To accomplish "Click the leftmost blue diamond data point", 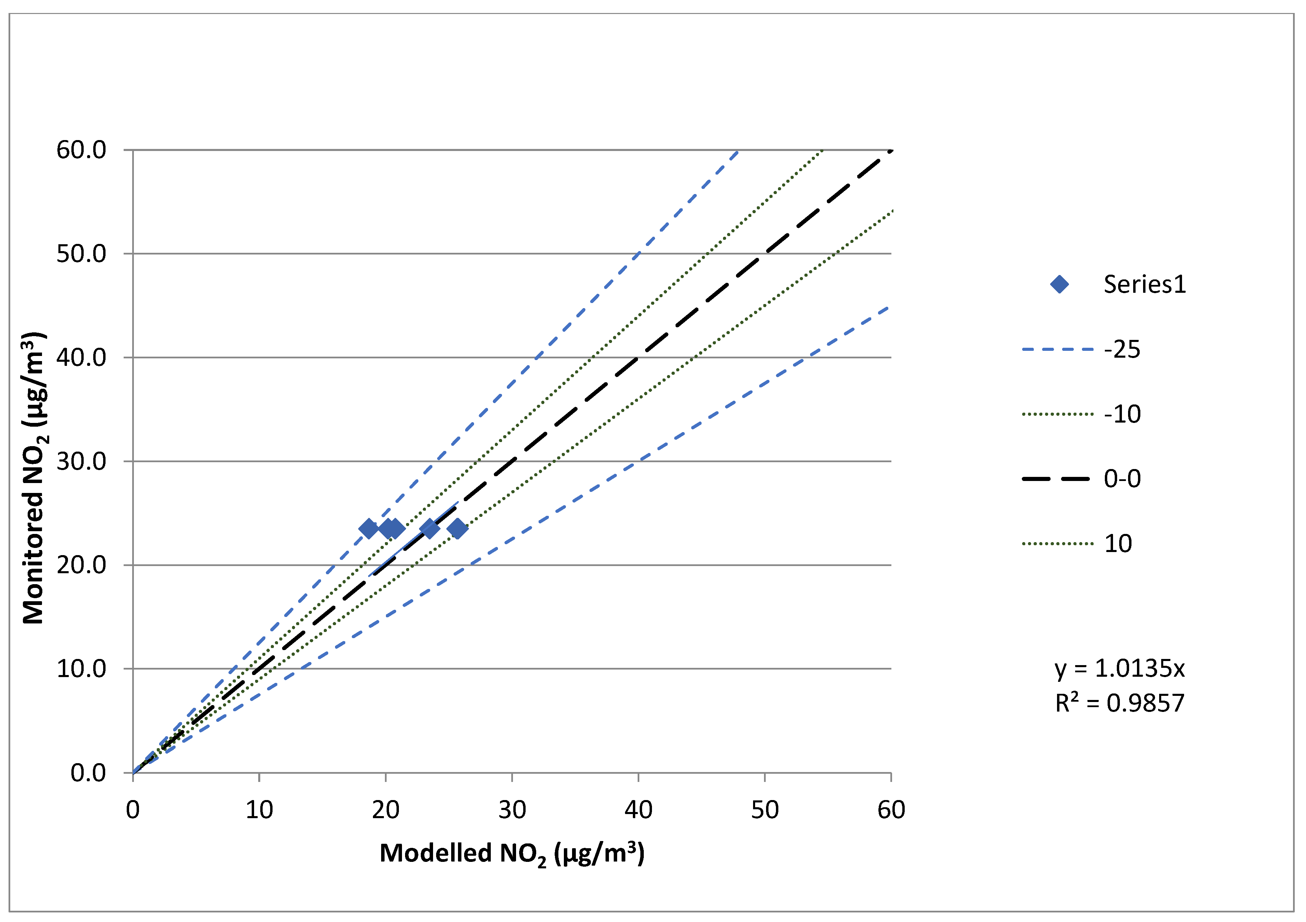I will pyautogui.click(x=369, y=529).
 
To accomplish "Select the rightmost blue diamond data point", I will pyautogui.click(x=457, y=529).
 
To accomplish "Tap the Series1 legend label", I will pyautogui.click(x=1144, y=285).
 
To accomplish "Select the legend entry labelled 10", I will pyautogui.click(x=1118, y=544).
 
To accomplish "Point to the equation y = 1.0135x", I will pyautogui.click(x=1120, y=668).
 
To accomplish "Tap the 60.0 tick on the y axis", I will pyautogui.click(x=81, y=150).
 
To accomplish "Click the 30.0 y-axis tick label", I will pyautogui.click(x=81, y=461).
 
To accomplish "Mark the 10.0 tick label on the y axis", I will pyautogui.click(x=81, y=669).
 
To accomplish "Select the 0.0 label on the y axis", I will pyautogui.click(x=88, y=773).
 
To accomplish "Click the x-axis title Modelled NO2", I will pyautogui.click(x=512, y=854).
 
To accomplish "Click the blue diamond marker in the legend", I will pyautogui.click(x=1059, y=285).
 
